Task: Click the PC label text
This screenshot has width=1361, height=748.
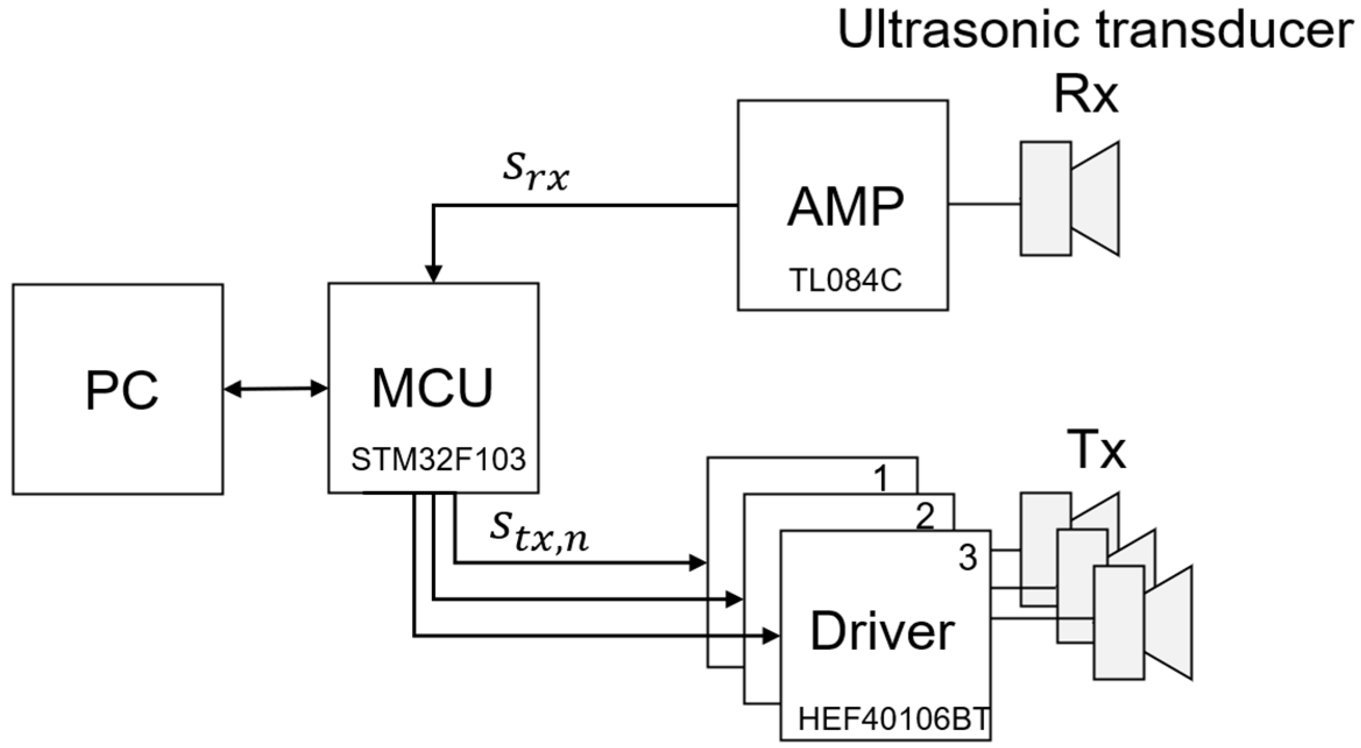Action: point(122,391)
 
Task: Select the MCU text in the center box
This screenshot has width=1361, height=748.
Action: point(432,388)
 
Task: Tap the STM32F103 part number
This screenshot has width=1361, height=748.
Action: point(438,460)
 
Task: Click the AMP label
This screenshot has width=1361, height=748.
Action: point(845,208)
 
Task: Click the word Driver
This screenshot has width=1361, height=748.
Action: point(882,632)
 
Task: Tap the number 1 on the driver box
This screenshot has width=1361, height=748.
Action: point(882,480)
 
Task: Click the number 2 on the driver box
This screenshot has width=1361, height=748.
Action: point(924,516)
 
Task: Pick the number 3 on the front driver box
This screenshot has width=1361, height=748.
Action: point(967,559)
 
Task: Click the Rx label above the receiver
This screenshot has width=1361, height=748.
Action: point(1086,97)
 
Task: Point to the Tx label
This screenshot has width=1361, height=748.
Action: point(1096,449)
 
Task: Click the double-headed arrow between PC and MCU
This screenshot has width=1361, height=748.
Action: point(275,389)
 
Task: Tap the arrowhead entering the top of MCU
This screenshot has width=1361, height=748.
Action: point(433,274)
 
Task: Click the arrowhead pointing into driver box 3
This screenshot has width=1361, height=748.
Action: point(771,636)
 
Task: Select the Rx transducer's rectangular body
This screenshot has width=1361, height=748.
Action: point(1045,198)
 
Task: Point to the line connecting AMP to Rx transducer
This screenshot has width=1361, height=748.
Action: point(984,204)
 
